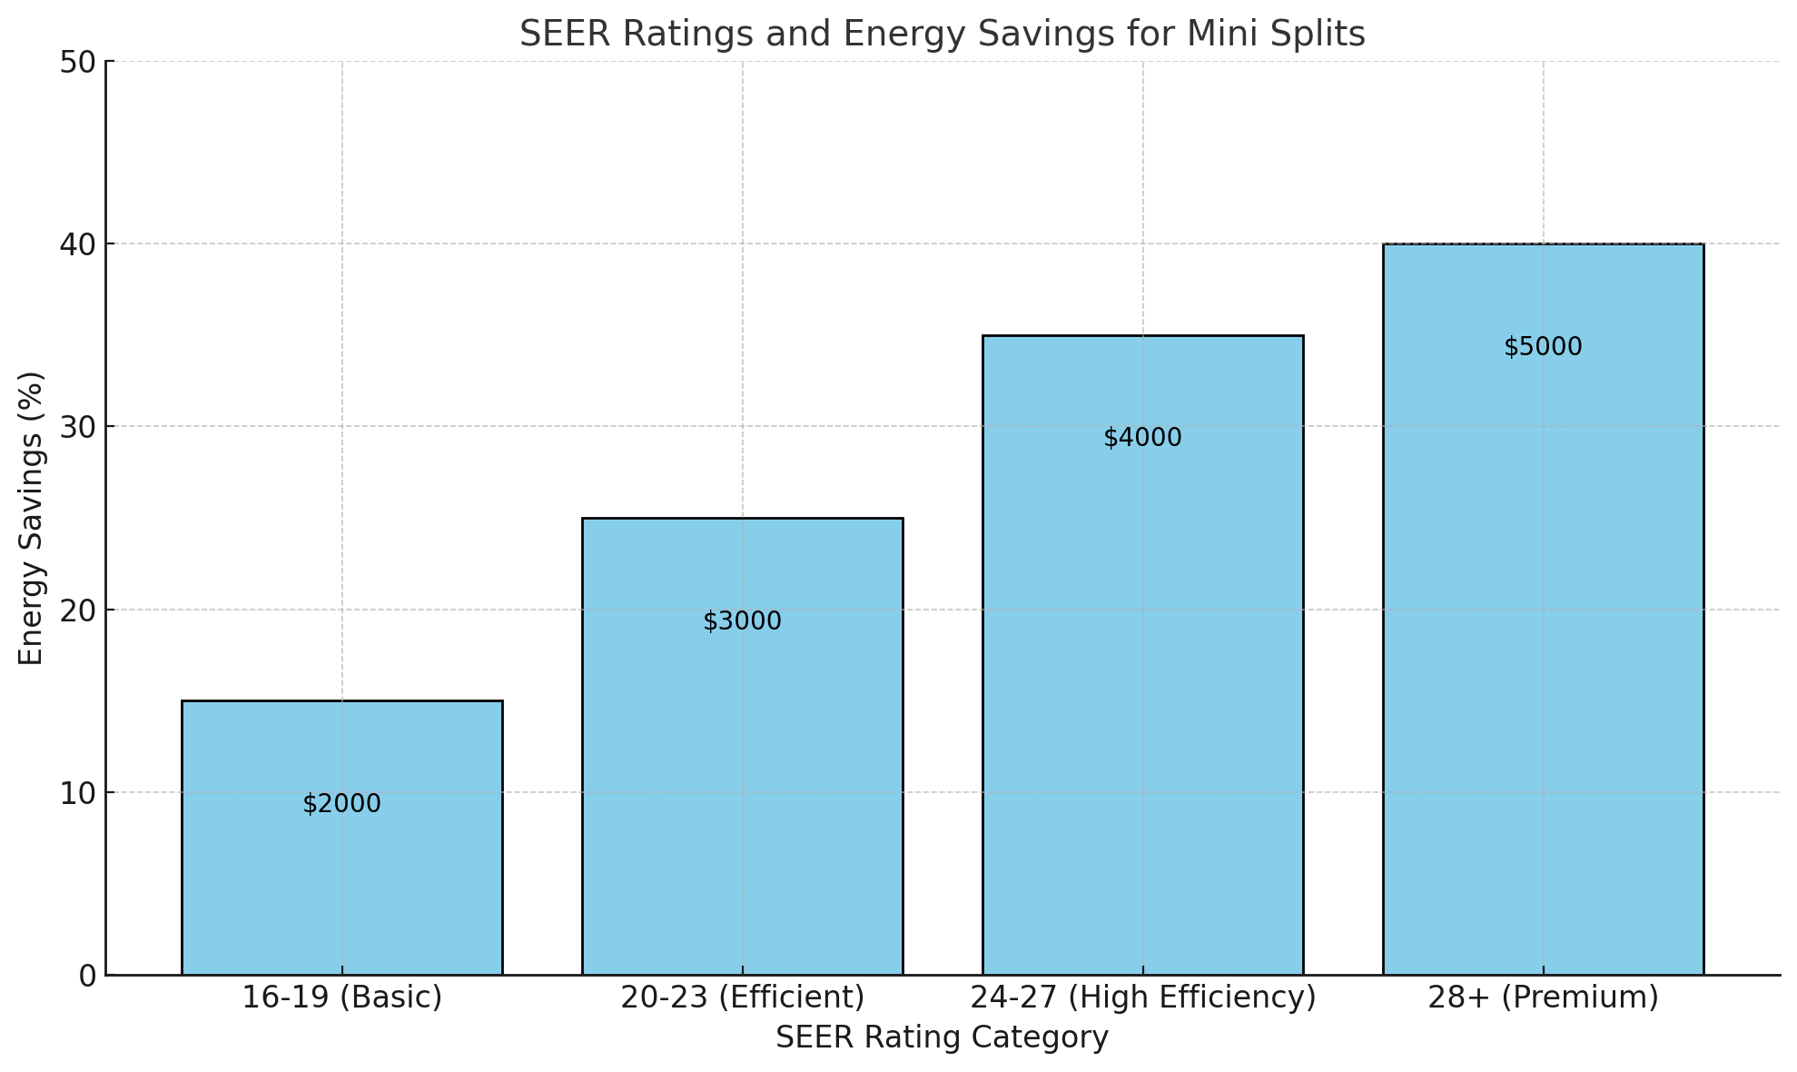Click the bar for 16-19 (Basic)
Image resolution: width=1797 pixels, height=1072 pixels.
341,872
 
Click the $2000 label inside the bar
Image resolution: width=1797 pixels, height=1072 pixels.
341,804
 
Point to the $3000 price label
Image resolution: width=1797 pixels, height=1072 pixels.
742,621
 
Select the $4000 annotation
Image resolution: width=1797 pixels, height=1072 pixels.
1142,438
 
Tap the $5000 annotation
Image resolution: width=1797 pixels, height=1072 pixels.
1543,347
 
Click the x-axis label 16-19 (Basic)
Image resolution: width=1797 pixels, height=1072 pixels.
341,998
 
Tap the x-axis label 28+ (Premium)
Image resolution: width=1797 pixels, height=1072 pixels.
1543,998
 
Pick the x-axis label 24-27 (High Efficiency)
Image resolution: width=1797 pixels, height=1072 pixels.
1142,998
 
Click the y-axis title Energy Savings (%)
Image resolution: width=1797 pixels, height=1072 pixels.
32,518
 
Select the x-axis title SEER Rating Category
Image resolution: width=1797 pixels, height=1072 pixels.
942,1037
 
